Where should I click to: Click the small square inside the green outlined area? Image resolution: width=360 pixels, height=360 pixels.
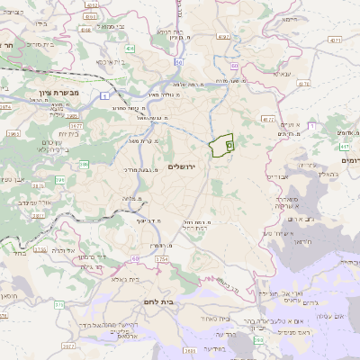tap(229, 144)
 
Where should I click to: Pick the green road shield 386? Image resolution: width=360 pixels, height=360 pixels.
tap(84, 164)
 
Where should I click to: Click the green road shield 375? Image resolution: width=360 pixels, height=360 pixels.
tap(58, 305)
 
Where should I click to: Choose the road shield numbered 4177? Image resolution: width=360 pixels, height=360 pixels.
tap(267, 118)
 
